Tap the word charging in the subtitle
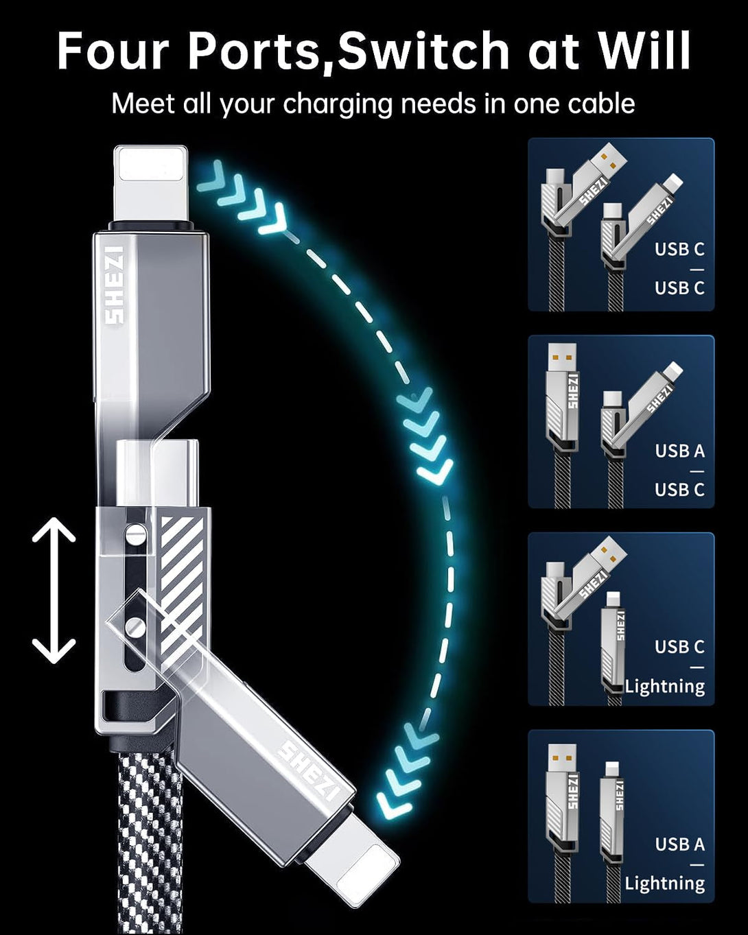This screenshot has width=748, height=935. coord(337,104)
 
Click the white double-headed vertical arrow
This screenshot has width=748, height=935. coord(54,590)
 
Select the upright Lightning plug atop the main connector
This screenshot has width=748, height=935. coord(150,184)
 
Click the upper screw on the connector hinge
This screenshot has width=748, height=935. coord(136,532)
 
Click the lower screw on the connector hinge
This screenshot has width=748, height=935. coord(137,626)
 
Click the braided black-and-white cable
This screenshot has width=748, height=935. coord(148,844)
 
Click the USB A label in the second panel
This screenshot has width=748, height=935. coord(679,451)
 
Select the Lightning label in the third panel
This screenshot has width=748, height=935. coord(664,686)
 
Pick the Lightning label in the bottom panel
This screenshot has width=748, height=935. coord(664,883)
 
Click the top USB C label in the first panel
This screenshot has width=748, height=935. coord(679,249)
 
